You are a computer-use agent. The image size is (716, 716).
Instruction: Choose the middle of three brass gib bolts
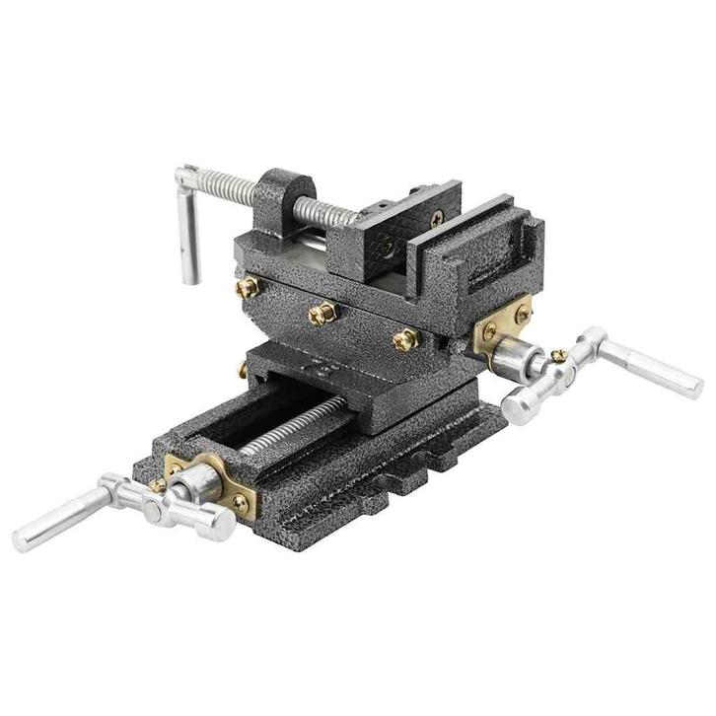322,313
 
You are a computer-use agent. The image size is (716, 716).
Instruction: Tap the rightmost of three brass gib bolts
404,340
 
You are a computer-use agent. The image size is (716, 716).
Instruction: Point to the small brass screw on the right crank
559,355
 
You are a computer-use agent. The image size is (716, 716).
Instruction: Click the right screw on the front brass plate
239,503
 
